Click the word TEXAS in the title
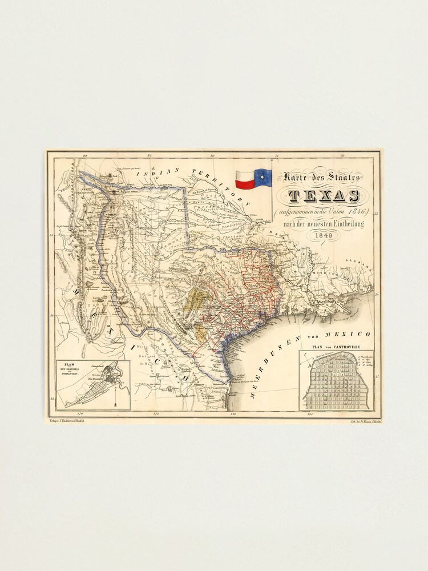coord(324,196)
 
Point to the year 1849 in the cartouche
coord(324,236)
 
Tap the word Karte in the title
coord(292,178)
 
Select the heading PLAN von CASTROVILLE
coord(336,346)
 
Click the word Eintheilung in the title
coord(348,225)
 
